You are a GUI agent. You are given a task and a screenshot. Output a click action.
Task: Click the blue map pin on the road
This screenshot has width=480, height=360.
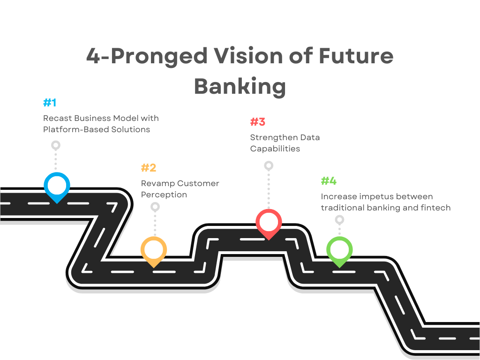(x=57, y=186)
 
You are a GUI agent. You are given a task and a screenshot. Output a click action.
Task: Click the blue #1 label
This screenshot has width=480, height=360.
(x=50, y=103)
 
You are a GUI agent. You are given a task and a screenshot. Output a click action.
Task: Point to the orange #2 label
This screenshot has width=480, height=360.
(x=149, y=168)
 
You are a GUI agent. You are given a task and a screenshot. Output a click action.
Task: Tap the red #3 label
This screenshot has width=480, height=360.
(x=258, y=122)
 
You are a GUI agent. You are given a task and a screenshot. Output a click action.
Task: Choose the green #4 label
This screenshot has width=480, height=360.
(x=329, y=181)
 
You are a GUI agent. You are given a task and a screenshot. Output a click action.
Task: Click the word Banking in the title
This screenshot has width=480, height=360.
(x=240, y=86)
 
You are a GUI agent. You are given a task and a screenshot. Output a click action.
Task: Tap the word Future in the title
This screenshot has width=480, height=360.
(x=356, y=56)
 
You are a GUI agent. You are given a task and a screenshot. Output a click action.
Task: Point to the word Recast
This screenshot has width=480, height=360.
(x=57, y=118)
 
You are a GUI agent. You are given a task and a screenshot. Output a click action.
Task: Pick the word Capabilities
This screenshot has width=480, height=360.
(x=275, y=149)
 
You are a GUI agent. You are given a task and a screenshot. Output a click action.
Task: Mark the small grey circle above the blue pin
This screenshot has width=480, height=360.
(x=56, y=145)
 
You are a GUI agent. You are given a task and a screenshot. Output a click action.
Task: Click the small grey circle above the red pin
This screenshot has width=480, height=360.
(x=269, y=165)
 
